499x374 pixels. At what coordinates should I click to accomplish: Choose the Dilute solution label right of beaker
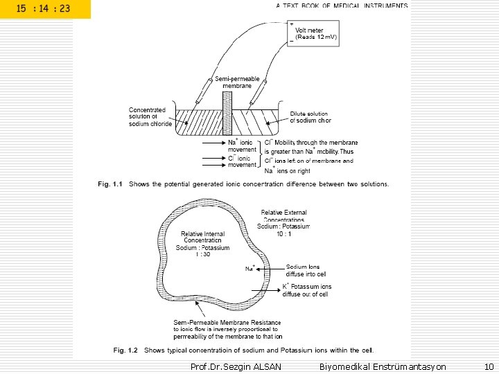tap(310, 117)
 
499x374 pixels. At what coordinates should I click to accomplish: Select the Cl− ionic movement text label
tap(242, 161)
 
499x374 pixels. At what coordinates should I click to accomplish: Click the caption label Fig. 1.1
tap(110, 184)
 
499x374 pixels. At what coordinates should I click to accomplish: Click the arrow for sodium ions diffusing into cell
tap(270, 269)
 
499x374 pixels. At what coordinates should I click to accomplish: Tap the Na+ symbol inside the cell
tap(250, 268)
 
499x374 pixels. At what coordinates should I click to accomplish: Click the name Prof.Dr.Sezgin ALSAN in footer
tap(236, 366)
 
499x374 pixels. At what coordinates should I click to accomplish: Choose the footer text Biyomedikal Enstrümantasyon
tap(383, 366)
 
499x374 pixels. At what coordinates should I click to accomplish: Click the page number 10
tap(488, 366)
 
